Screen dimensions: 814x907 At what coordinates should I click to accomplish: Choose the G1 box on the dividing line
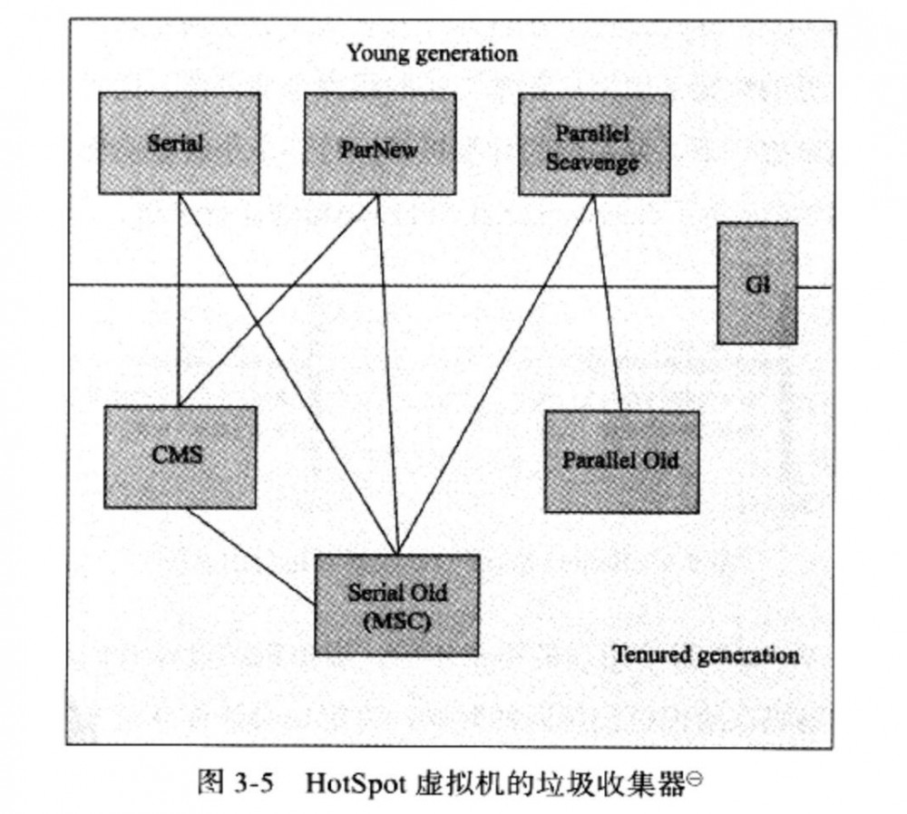pyautogui.click(x=756, y=284)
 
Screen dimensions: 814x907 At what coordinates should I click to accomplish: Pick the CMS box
pyautogui.click(x=179, y=456)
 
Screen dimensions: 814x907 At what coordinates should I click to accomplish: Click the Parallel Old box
pyautogui.click(x=621, y=461)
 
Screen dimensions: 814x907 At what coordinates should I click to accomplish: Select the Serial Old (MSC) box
pyautogui.click(x=396, y=604)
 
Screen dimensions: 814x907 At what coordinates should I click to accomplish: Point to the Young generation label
pyautogui.click(x=432, y=53)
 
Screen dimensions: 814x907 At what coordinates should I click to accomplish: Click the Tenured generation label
pyautogui.click(x=705, y=654)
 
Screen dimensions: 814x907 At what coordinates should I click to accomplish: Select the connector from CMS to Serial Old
pyautogui.click(x=249, y=554)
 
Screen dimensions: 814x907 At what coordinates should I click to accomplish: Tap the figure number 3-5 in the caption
pyautogui.click(x=242, y=782)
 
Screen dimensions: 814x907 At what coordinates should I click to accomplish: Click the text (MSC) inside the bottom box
pyautogui.click(x=396, y=622)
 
